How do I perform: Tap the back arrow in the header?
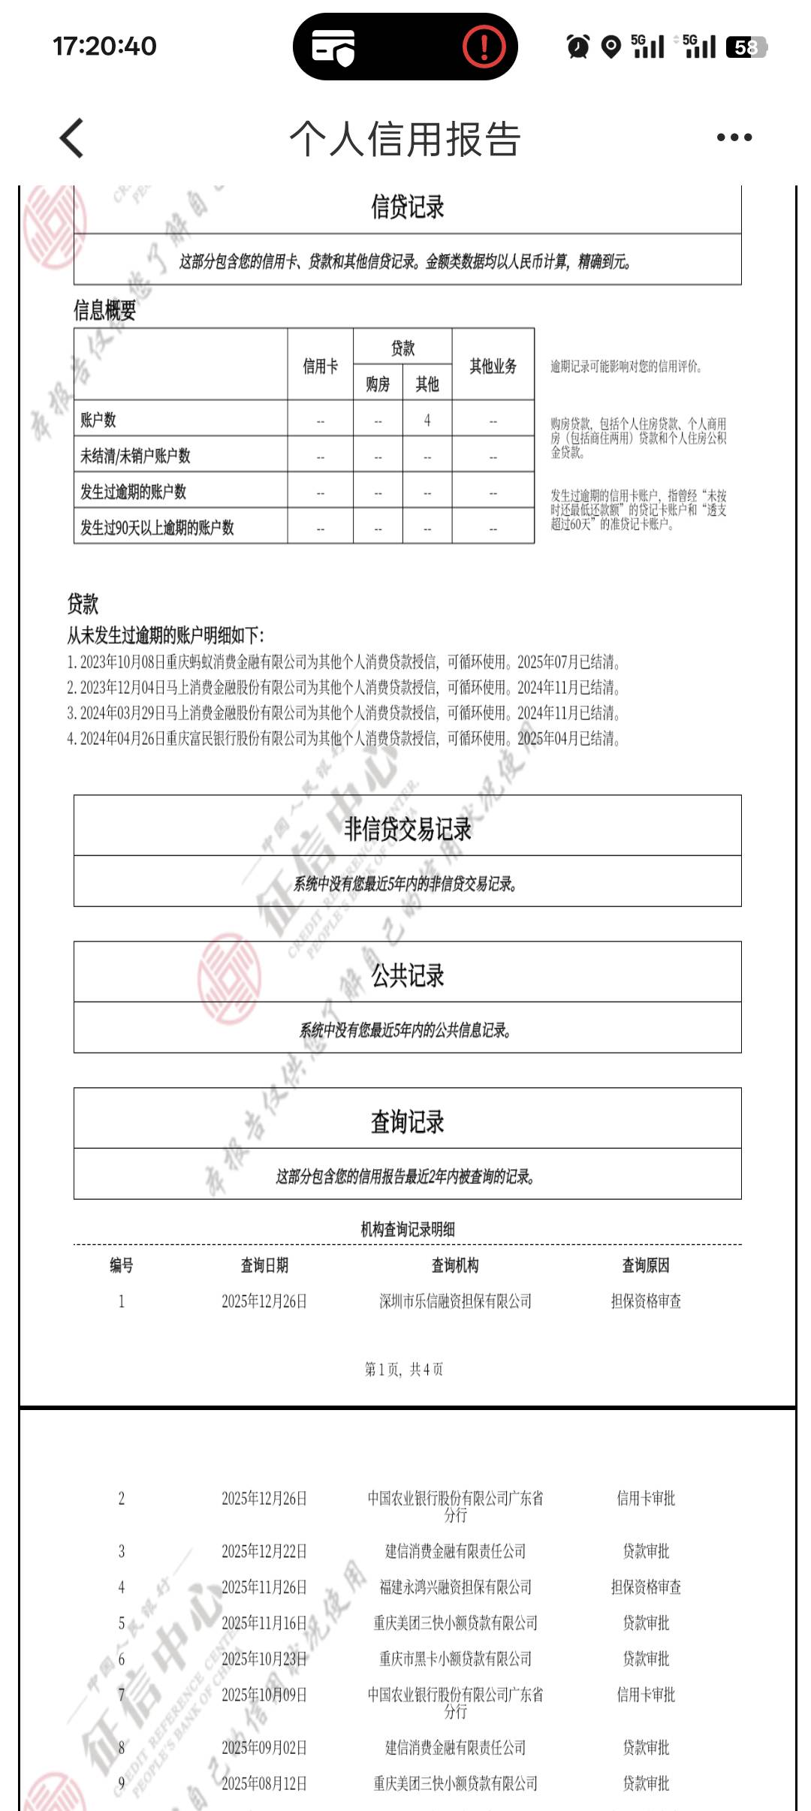click(72, 138)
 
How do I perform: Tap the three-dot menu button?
click(734, 137)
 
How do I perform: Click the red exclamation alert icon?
click(484, 47)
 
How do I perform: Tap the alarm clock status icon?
click(577, 47)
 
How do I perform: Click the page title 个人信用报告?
click(405, 139)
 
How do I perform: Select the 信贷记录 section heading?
click(407, 207)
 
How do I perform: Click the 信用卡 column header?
click(320, 366)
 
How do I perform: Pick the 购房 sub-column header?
click(378, 384)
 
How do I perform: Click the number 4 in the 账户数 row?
click(427, 420)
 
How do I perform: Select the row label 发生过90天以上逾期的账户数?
click(157, 528)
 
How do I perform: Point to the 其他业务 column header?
click(493, 366)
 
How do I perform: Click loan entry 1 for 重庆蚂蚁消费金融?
click(343, 662)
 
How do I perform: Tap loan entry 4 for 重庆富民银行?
click(343, 739)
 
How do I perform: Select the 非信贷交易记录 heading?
click(407, 829)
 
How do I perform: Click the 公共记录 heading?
click(407, 975)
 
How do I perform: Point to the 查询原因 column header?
click(645, 1265)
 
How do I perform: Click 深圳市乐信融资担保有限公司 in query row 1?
click(455, 1301)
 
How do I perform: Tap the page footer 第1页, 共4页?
click(404, 1370)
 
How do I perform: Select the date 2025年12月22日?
click(264, 1551)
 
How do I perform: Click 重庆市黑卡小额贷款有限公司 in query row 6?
click(455, 1659)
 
